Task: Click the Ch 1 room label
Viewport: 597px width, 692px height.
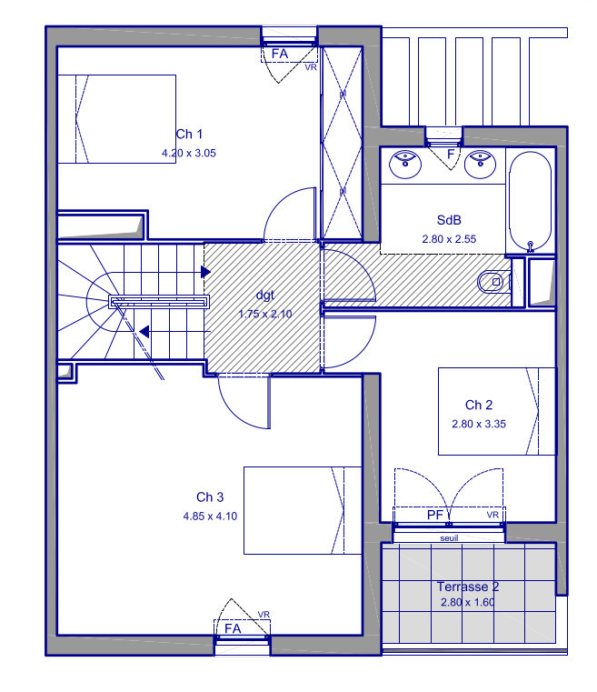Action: coord(189,134)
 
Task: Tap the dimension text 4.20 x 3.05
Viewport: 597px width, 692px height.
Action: coord(189,153)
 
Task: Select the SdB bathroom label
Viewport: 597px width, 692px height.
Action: coord(449,220)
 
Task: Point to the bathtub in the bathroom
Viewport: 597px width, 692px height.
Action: coord(531,202)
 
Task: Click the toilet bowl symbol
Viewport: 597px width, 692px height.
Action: coord(493,282)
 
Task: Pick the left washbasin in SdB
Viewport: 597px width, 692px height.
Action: coord(405,165)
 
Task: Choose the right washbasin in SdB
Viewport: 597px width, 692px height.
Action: coord(480,165)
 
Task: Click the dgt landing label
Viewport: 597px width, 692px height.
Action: coord(265,296)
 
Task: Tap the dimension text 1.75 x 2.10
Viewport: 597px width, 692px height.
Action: coord(265,314)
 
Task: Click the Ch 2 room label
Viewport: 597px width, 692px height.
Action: coord(478,405)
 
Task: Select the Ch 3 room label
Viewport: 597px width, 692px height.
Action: coord(210,496)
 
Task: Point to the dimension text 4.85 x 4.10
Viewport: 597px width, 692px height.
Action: coord(210,516)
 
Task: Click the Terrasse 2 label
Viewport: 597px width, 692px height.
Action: coord(468,587)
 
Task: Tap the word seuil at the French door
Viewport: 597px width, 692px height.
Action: coord(449,538)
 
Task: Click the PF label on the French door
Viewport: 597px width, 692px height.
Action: coord(435,515)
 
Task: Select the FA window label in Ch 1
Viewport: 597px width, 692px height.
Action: coord(280,54)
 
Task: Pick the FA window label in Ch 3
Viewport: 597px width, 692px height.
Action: coord(233,628)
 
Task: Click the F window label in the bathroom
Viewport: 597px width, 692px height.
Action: coord(451,154)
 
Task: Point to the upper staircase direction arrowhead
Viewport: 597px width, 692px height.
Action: coord(205,272)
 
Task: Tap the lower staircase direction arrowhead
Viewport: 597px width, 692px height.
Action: coord(144,331)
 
